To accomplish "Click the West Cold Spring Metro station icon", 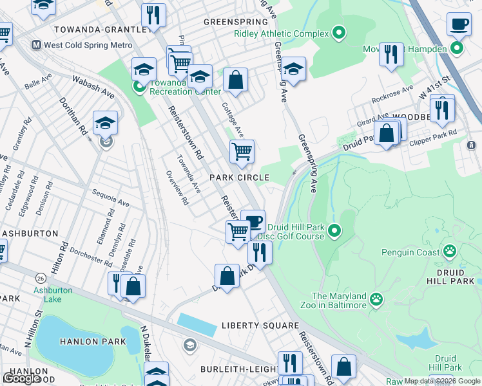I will point(37,45).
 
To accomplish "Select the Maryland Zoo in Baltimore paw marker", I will point(376,299).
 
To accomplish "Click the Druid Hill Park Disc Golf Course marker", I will point(334,230).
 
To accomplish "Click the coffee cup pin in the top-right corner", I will point(459,25).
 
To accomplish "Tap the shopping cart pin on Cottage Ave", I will point(242,152).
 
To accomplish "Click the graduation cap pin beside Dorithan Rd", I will point(106,123).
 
